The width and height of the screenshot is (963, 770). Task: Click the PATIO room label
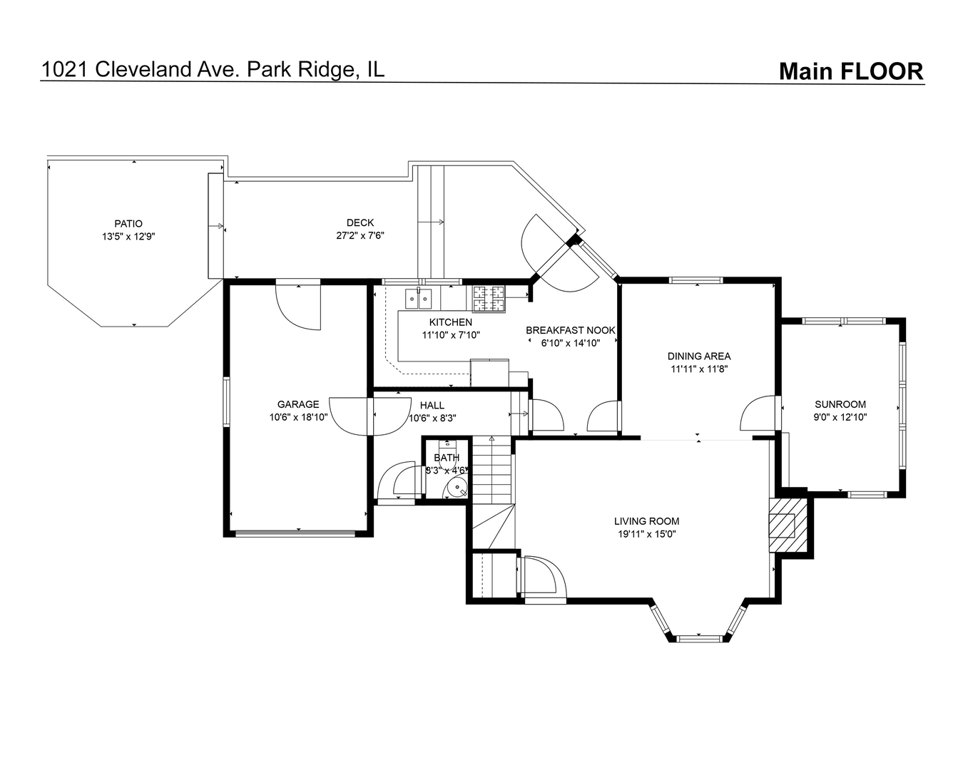tap(128, 224)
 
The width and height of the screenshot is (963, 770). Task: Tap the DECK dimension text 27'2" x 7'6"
tap(360, 235)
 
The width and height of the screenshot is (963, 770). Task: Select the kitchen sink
tap(419, 299)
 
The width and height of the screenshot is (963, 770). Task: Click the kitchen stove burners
tap(489, 299)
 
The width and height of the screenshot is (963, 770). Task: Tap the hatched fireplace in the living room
tap(788, 525)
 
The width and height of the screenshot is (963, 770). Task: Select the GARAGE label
tap(298, 404)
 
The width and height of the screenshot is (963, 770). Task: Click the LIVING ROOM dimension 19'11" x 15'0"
tap(646, 534)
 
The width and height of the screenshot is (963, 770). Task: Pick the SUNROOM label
tap(840, 404)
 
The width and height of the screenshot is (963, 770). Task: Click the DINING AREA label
tap(699, 356)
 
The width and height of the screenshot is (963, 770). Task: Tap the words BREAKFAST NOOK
tap(571, 330)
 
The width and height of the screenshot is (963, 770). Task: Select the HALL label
tap(432, 406)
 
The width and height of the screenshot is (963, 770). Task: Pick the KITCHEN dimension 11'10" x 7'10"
tap(451, 334)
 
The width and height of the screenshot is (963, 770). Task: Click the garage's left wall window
tap(226, 401)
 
